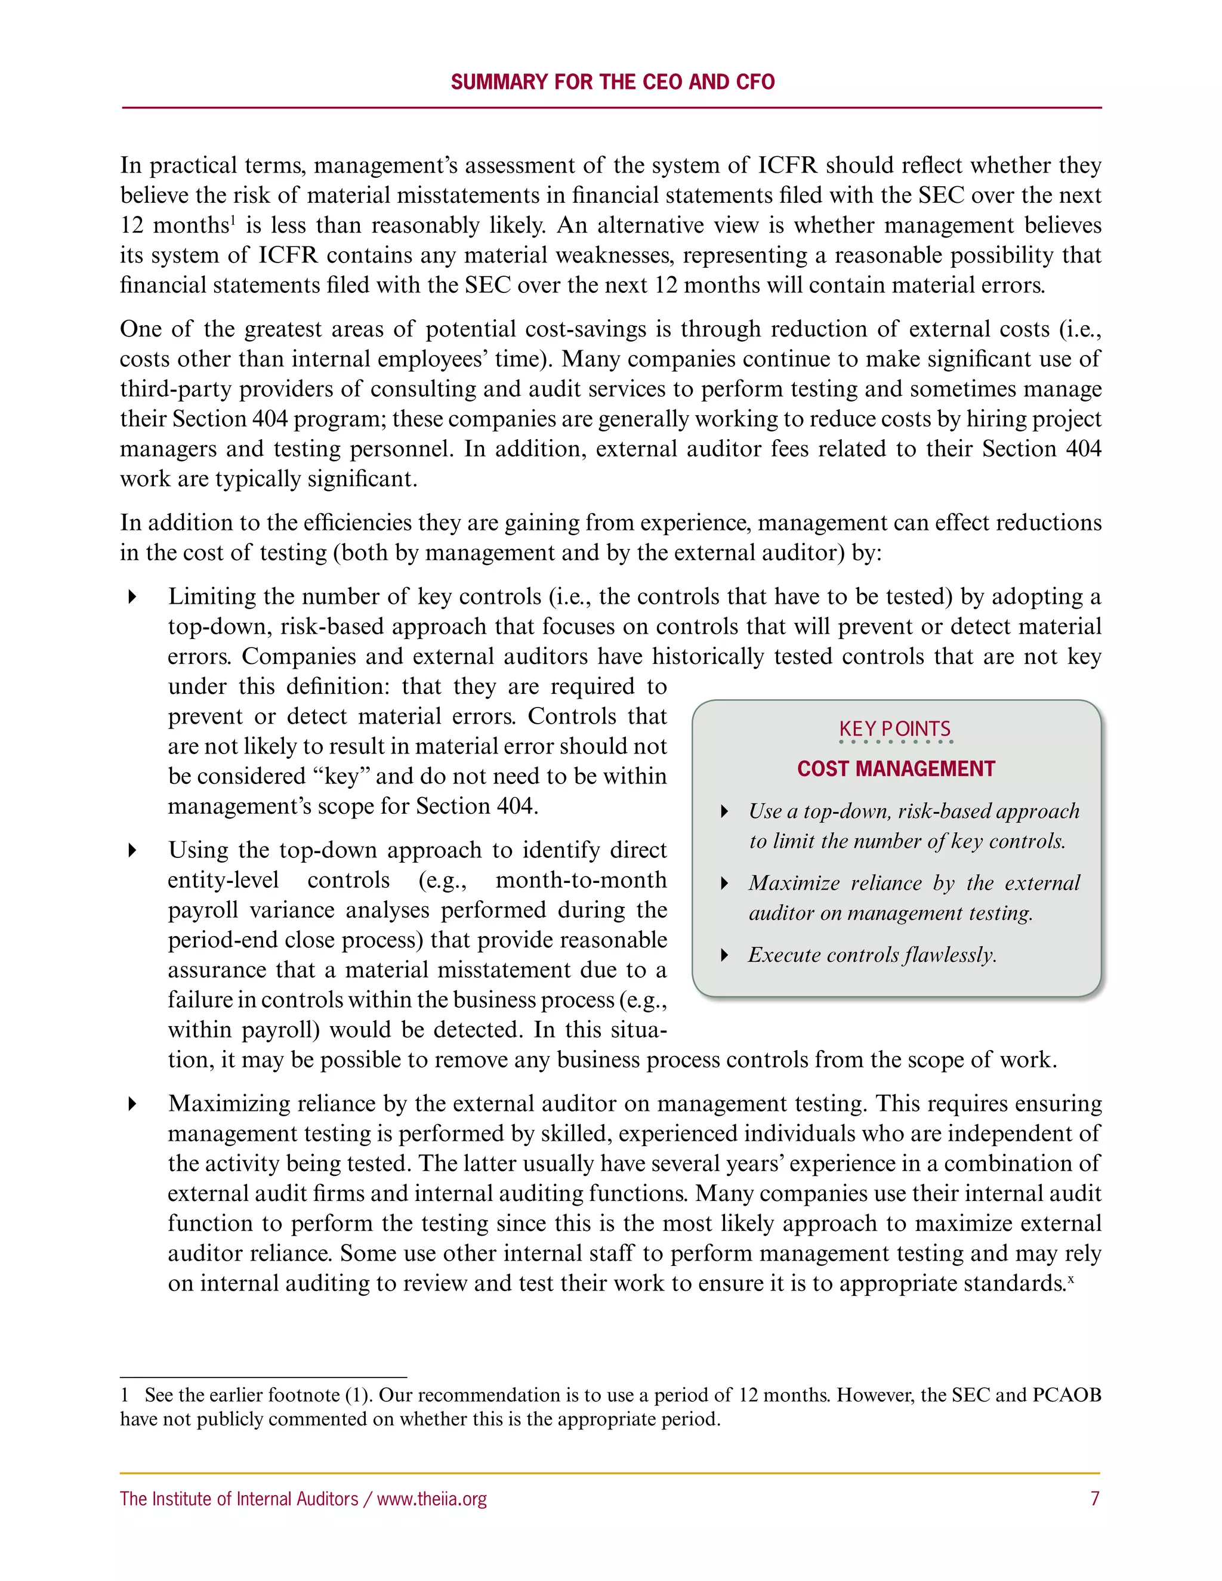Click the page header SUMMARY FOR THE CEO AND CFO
pos(612,82)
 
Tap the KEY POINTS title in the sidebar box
pos(895,729)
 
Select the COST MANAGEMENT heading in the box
pos(896,769)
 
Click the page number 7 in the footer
pos(1094,1499)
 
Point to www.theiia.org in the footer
pos(432,1499)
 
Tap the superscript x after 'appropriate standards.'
pos(1070,1279)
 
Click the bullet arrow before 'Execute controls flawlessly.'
pos(724,956)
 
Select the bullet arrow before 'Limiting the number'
pos(132,597)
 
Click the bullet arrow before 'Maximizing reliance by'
pos(132,1104)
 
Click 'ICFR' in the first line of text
pos(787,166)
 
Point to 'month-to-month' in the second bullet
pos(581,880)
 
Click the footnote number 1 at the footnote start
pos(125,1395)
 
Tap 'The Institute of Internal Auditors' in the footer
pos(239,1499)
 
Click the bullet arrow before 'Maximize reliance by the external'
pos(724,883)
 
